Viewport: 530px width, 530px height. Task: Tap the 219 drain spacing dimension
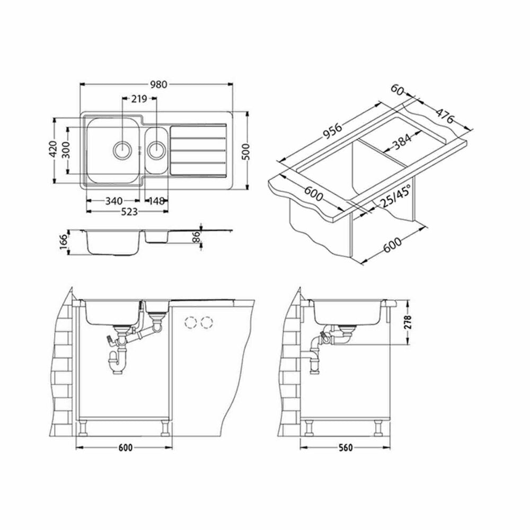[139, 99]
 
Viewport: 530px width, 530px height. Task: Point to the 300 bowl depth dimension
[66, 150]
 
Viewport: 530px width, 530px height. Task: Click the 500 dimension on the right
[246, 152]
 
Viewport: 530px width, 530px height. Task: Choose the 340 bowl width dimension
[114, 201]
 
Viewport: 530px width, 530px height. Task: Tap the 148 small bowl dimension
[156, 201]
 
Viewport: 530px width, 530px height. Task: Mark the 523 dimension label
[129, 211]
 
